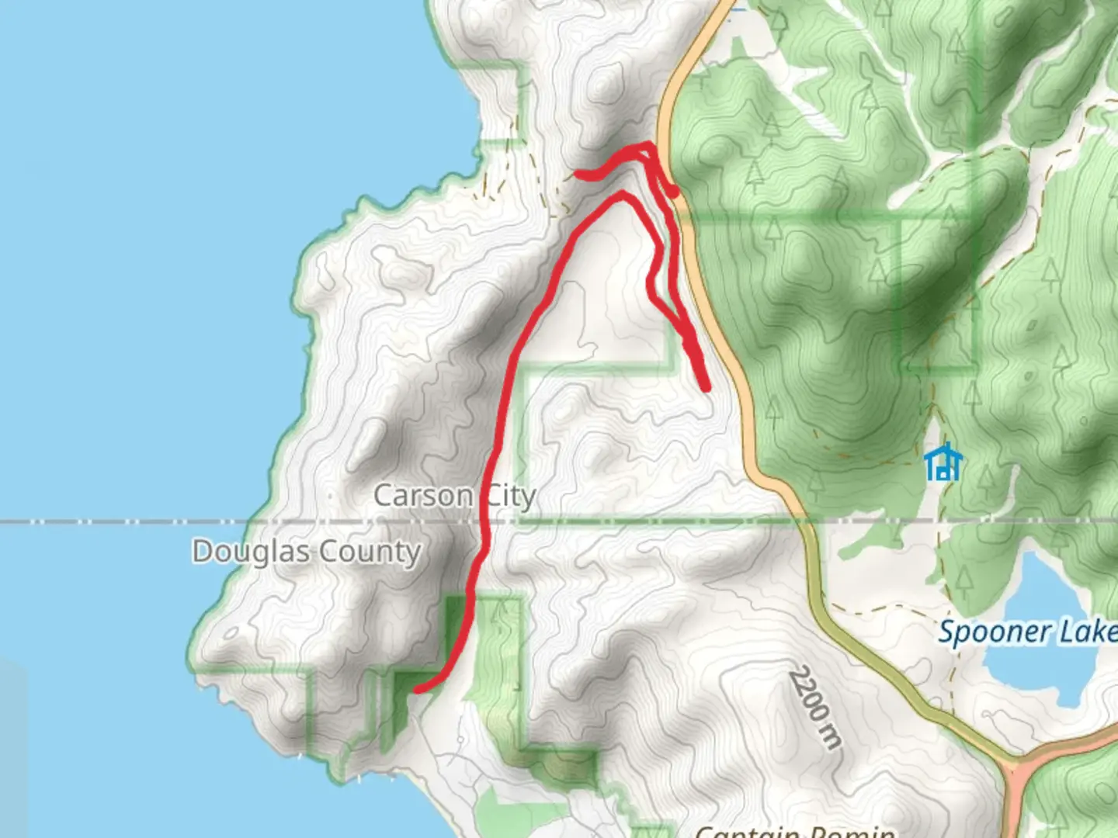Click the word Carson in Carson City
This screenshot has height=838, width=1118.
(423, 495)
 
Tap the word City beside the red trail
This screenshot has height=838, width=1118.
(511, 497)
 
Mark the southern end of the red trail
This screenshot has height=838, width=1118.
(417, 688)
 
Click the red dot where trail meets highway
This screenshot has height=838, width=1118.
(673, 191)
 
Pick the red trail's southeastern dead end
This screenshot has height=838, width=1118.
(707, 386)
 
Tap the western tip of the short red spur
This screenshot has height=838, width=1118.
(578, 175)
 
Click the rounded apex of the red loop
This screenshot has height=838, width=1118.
(621, 195)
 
